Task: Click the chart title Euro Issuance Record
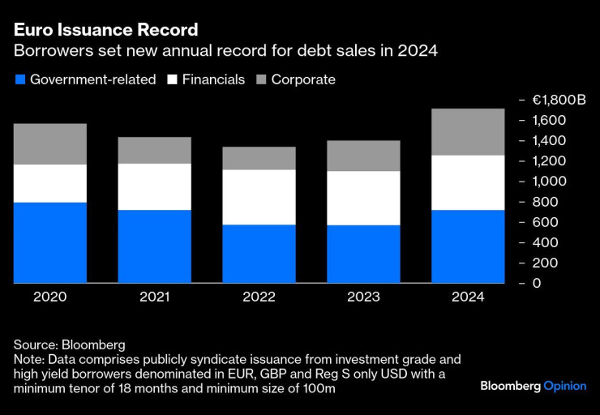[105, 30]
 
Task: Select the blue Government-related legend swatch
[19, 79]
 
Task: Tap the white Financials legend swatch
[173, 79]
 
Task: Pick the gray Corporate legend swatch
[260, 79]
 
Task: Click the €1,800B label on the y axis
[559, 100]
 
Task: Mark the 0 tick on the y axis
[536, 283]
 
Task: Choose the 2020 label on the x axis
[50, 297]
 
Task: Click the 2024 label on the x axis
[468, 297]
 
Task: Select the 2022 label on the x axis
[259, 297]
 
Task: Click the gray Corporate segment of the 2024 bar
[468, 131]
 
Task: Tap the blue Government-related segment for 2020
[50, 242]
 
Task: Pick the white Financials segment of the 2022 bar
[259, 197]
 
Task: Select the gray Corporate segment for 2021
[155, 150]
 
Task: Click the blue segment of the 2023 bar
[363, 254]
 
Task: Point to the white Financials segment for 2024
[468, 182]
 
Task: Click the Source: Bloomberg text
[69, 344]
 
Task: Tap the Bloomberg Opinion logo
[533, 386]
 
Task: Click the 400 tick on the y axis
[545, 242]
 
